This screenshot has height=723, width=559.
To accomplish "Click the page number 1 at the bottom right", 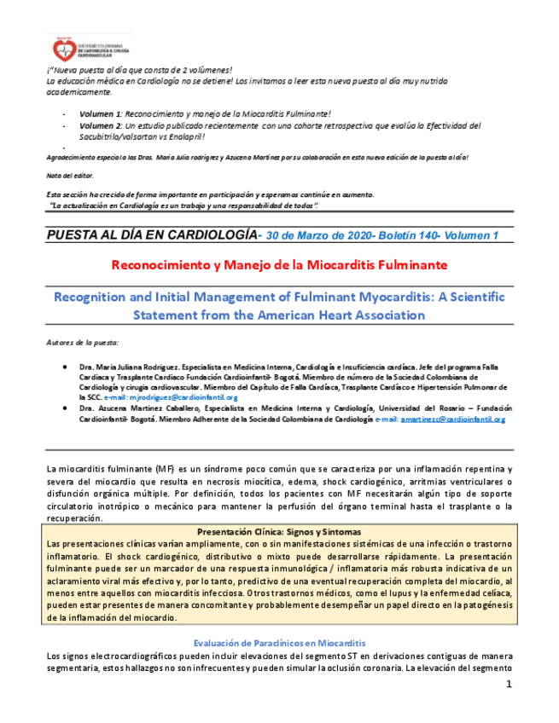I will point(509,685).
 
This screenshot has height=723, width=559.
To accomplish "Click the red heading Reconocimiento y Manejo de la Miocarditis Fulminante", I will point(279,265).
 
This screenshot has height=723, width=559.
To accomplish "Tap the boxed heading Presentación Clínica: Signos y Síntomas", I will point(279,531).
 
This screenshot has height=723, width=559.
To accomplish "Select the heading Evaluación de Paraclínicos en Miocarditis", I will point(279,641).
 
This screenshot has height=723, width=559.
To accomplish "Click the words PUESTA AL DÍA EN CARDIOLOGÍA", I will point(150,234).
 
